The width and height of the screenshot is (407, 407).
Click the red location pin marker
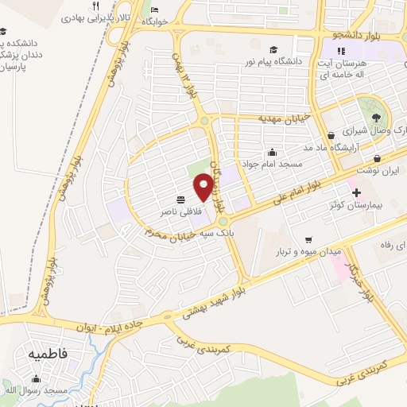point(203,187)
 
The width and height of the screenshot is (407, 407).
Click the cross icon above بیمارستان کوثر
point(355,192)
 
